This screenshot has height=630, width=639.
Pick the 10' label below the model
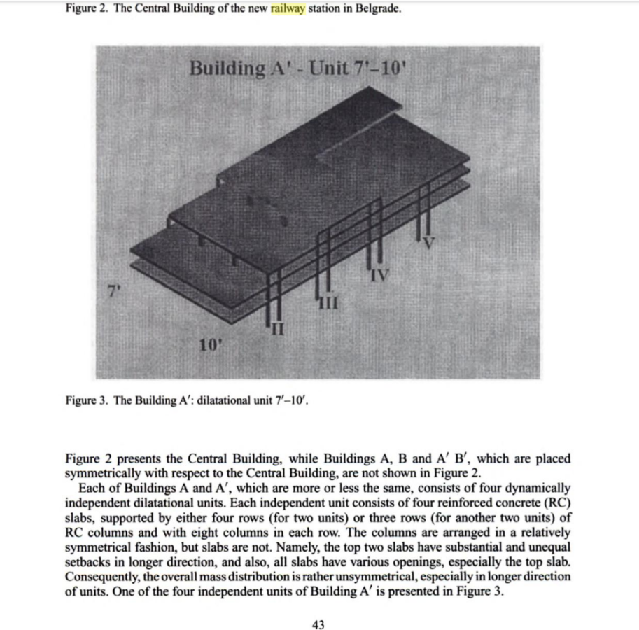point(208,344)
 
